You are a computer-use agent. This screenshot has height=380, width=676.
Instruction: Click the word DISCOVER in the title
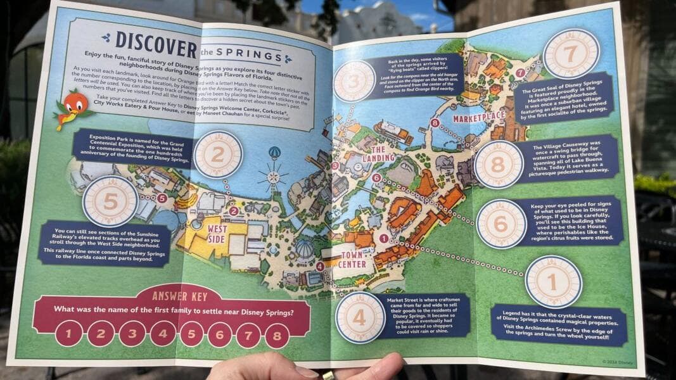[x=156, y=46]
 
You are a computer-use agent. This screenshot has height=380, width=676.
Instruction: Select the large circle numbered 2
[x=218, y=155]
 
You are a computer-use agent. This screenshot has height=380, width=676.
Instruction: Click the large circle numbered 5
[x=110, y=201]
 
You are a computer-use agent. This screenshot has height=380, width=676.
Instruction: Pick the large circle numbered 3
[x=354, y=81]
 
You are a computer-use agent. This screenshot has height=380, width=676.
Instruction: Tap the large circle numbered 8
[x=499, y=165]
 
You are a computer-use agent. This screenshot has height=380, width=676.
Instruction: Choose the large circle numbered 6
[x=501, y=224]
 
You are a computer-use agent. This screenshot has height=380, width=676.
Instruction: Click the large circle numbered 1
[x=553, y=281]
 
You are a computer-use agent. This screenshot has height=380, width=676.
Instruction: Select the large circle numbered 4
[x=360, y=317]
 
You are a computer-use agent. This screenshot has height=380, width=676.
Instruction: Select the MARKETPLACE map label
[x=478, y=117]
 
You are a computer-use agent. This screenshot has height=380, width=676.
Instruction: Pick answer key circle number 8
[x=277, y=335]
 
